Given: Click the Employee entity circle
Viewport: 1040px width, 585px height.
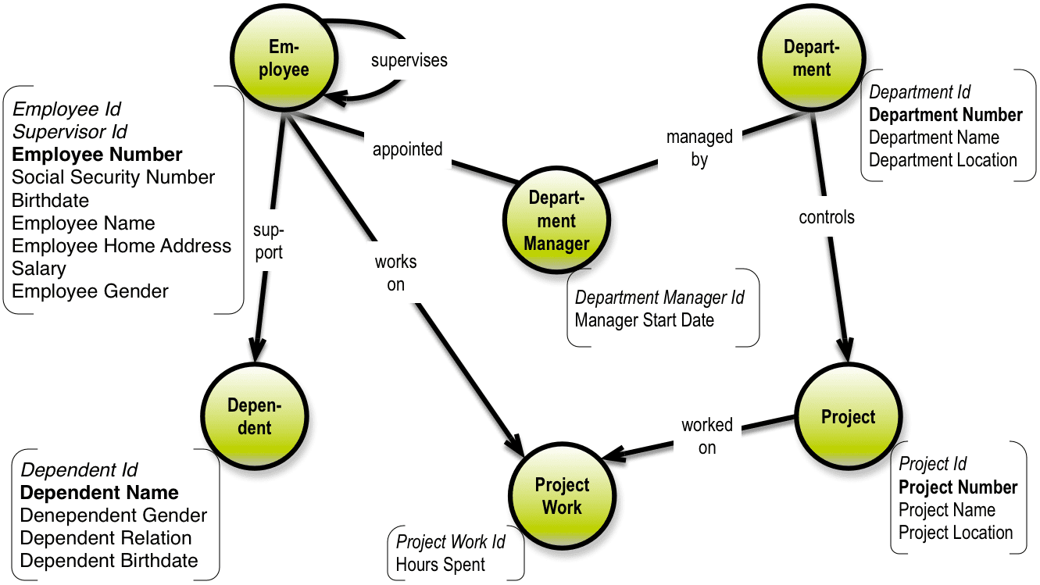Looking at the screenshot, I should coord(283,59).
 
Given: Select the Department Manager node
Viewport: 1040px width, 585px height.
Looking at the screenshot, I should coord(556,220).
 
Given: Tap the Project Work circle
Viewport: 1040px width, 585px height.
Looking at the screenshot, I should coord(562,496).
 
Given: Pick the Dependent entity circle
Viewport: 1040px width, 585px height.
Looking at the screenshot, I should coord(254,416).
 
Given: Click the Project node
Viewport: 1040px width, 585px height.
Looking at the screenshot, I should coord(848,416).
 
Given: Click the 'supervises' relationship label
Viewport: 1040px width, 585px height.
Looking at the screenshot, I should coord(409,60).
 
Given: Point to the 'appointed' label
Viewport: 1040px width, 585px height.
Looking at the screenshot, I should coord(407,149).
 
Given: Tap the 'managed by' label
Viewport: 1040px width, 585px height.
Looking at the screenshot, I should coord(699,148).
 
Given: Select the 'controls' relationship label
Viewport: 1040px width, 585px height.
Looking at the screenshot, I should coord(826,217).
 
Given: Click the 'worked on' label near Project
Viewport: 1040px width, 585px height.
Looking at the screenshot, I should coord(707,436).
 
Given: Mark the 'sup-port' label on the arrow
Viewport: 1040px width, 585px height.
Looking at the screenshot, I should coord(268,241).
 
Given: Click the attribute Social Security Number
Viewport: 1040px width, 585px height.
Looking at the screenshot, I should coord(113,177).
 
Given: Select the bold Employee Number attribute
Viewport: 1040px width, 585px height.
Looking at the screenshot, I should coord(97,155).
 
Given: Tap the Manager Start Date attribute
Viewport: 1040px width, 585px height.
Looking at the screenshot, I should coord(644,319).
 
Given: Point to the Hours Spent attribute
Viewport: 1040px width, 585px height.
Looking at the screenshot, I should coord(440,564).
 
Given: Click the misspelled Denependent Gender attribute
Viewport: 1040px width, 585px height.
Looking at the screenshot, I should coord(113,515).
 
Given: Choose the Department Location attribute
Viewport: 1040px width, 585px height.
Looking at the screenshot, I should coord(942,160).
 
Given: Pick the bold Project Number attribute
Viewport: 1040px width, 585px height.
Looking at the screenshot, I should coord(957,487).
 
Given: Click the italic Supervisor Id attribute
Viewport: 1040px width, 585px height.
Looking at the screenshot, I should coord(70,131).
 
